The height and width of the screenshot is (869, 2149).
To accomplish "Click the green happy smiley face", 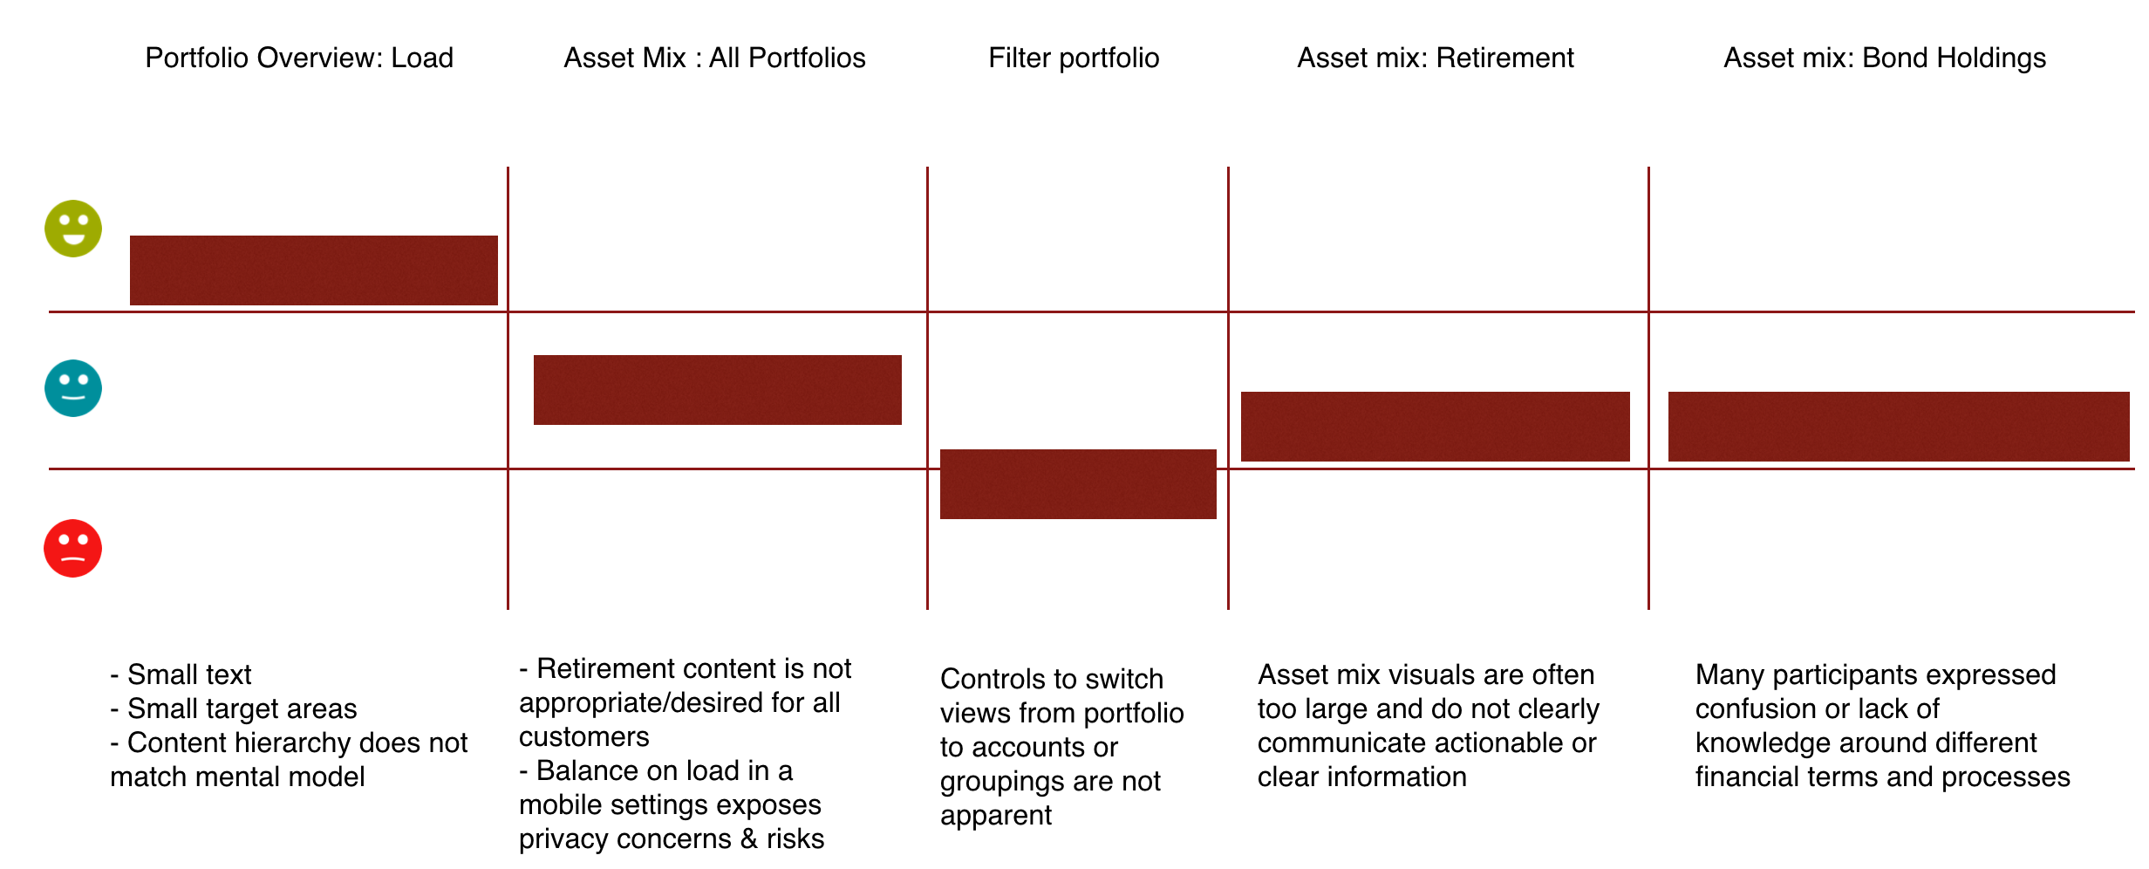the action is coord(73,229).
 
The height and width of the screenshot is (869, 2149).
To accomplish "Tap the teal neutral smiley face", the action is coord(73,388).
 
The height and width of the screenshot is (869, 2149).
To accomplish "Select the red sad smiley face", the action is coord(73,549).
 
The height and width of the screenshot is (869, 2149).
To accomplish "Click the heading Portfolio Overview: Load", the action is coord(299,58).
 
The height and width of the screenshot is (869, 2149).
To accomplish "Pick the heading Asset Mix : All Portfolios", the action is coord(714,58).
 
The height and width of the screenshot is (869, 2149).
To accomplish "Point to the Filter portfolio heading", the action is coord(1074,58).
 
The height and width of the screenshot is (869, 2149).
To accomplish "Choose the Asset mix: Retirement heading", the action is coord(1435,58).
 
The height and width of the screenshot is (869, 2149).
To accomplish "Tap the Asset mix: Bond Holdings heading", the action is coord(1884,58).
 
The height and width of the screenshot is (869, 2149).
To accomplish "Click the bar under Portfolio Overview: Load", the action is coord(314,270).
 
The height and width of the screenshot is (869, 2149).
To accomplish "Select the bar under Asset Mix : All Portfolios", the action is coord(718,390).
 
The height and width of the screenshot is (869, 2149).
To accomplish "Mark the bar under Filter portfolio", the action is coord(1078,484).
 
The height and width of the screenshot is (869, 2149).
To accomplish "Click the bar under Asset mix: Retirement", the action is coord(1435,427).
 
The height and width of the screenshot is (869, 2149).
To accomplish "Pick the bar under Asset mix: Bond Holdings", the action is coord(1898,427).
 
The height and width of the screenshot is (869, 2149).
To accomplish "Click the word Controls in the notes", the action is coord(991,679).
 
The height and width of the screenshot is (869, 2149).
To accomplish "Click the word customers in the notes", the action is coord(583,736).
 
